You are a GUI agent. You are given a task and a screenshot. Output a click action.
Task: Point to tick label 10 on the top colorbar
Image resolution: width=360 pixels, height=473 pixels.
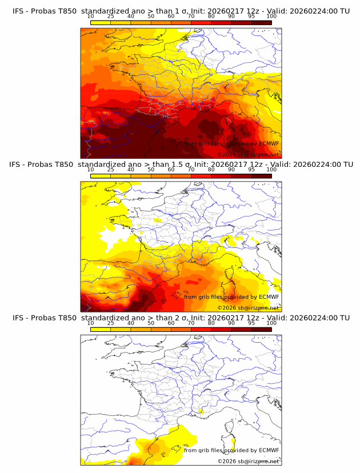click(90, 17)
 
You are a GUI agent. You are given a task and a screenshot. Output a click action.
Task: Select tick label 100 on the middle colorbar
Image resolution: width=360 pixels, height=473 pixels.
click(271, 170)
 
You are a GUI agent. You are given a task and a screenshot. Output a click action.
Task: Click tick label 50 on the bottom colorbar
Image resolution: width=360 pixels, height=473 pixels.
click(151, 323)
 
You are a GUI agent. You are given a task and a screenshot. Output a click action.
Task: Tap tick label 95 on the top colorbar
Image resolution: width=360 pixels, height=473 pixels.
click(251, 17)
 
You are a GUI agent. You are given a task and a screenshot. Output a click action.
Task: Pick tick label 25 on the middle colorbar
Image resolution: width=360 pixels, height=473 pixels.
click(110, 170)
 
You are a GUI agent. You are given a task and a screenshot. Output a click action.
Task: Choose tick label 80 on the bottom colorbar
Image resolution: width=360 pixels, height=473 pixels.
click(211, 323)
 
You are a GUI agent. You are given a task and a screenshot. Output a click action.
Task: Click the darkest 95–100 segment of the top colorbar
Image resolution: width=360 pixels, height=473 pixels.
click(262, 22)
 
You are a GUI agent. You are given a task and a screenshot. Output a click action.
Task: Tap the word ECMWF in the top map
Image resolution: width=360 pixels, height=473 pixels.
click(269, 143)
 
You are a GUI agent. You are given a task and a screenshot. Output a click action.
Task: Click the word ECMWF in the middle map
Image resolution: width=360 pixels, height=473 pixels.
click(269, 296)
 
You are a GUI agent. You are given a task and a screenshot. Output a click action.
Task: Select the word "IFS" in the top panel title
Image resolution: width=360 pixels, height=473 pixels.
click(19, 11)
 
